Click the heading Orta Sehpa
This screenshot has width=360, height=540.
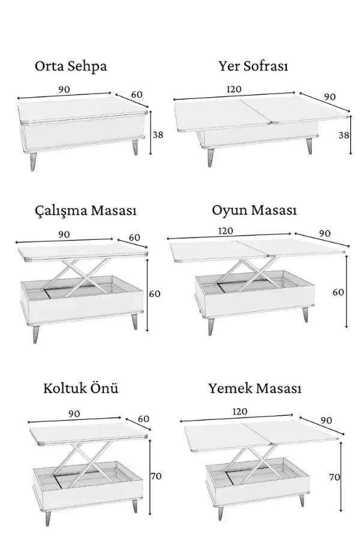[x=71, y=66]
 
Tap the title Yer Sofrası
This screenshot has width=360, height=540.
[x=253, y=65]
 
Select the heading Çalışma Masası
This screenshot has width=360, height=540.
[x=86, y=211]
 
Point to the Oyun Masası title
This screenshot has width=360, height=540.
[x=254, y=210]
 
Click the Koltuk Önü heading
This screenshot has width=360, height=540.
[x=80, y=388]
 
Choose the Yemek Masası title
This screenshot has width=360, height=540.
[x=255, y=388]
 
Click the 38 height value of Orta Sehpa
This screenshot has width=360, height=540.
[x=158, y=134]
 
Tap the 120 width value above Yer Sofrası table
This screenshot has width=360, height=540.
[x=234, y=89]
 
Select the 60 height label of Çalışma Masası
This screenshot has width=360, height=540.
[x=155, y=294]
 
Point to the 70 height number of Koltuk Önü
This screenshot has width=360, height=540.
[x=156, y=476]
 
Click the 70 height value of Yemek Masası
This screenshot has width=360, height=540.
[x=335, y=477]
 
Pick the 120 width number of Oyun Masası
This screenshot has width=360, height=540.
[x=226, y=231]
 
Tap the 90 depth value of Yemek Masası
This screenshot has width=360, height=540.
[x=326, y=420]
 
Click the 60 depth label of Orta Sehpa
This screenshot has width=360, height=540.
[x=137, y=94]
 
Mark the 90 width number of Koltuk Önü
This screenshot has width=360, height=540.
[x=74, y=413]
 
